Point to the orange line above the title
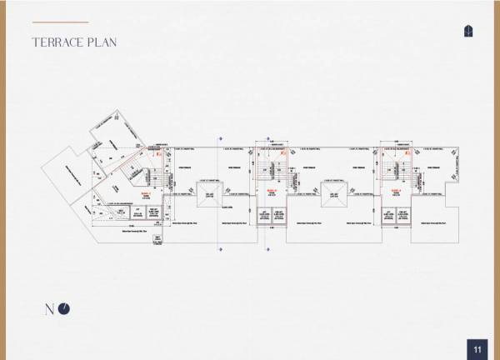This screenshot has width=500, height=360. (x=59, y=22)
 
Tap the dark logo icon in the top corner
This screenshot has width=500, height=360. (x=469, y=31)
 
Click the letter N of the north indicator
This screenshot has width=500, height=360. (x=49, y=309)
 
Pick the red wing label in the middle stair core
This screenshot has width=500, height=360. (x=272, y=191)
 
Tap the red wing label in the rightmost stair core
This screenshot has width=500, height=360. (x=397, y=191)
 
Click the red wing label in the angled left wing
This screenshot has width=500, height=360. (x=144, y=192)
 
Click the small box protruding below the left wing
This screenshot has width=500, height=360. (x=157, y=239)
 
